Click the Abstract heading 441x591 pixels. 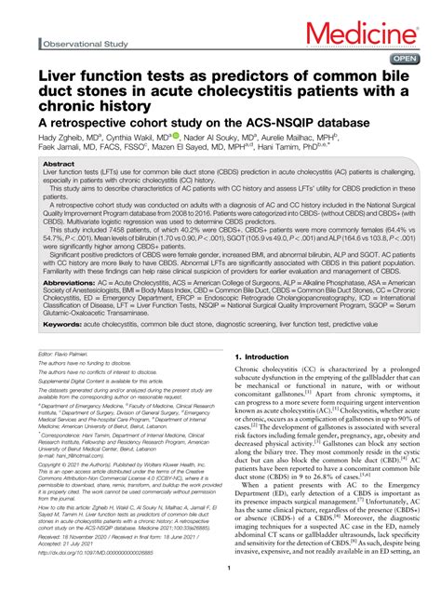[60, 162]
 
